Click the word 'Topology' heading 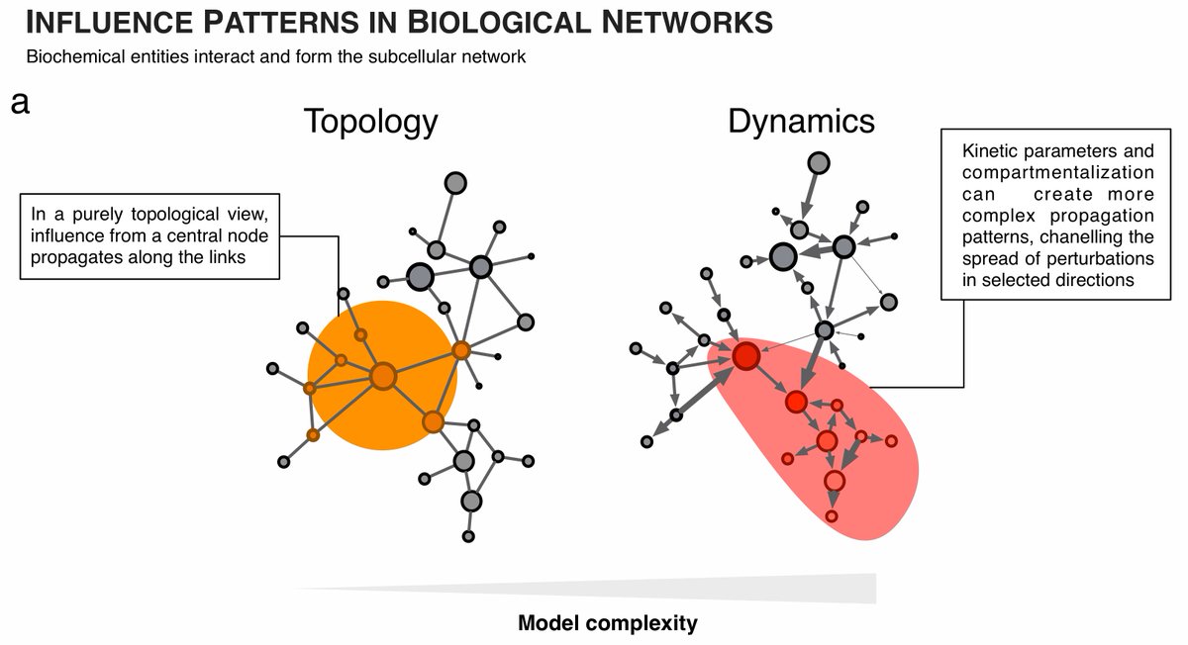(370, 121)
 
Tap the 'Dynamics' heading (801, 121)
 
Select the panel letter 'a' (20, 102)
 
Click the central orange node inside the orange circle (383, 376)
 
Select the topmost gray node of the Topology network (454, 182)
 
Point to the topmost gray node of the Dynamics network (819, 163)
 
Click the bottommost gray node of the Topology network (468, 536)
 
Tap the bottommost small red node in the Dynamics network (832, 516)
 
